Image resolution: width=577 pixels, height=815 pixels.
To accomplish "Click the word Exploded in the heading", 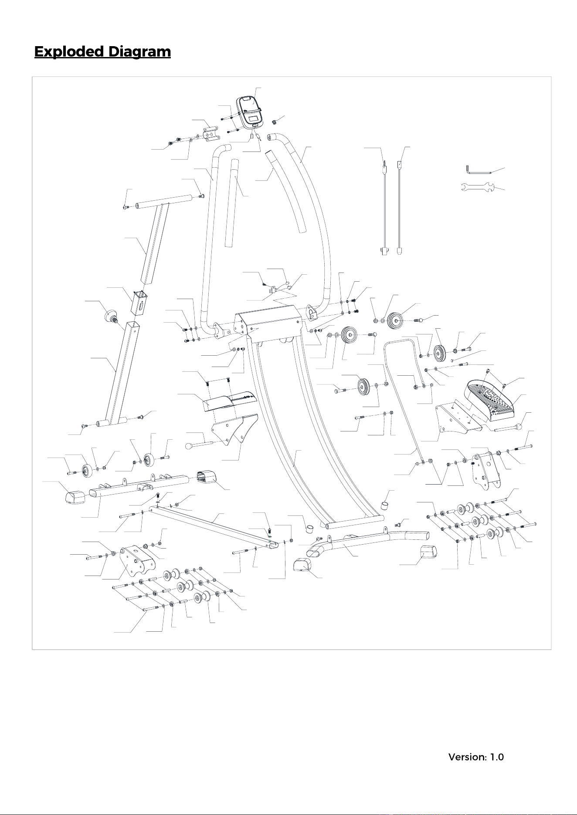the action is [69, 52].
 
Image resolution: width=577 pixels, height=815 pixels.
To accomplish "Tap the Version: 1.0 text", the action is [476, 757].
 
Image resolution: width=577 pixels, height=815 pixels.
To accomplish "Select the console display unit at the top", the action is [249, 111].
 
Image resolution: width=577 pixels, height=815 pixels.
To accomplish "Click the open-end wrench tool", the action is [475, 187].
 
